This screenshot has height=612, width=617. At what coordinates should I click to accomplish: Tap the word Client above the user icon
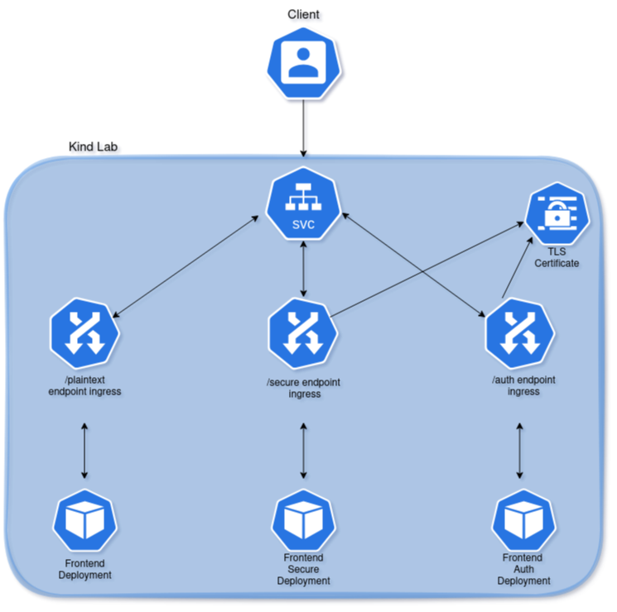[303, 14]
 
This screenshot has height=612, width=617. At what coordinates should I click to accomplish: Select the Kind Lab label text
[93, 147]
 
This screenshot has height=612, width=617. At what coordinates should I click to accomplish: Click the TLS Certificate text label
[557, 257]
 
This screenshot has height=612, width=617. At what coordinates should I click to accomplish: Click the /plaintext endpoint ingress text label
[84, 385]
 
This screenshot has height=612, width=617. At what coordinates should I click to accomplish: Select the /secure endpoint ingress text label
[303, 389]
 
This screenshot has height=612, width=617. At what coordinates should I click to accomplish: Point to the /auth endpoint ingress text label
[523, 385]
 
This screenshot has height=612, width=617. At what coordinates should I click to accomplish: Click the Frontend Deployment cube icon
[84, 521]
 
